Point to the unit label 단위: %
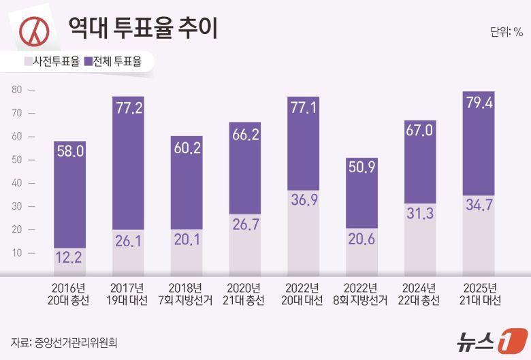click(506, 31)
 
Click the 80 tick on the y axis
click(17, 89)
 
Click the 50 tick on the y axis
click(17, 159)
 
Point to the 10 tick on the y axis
click(17, 252)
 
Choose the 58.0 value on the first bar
click(69, 152)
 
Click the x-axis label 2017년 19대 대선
click(127, 293)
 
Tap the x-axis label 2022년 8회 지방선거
click(361, 293)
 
